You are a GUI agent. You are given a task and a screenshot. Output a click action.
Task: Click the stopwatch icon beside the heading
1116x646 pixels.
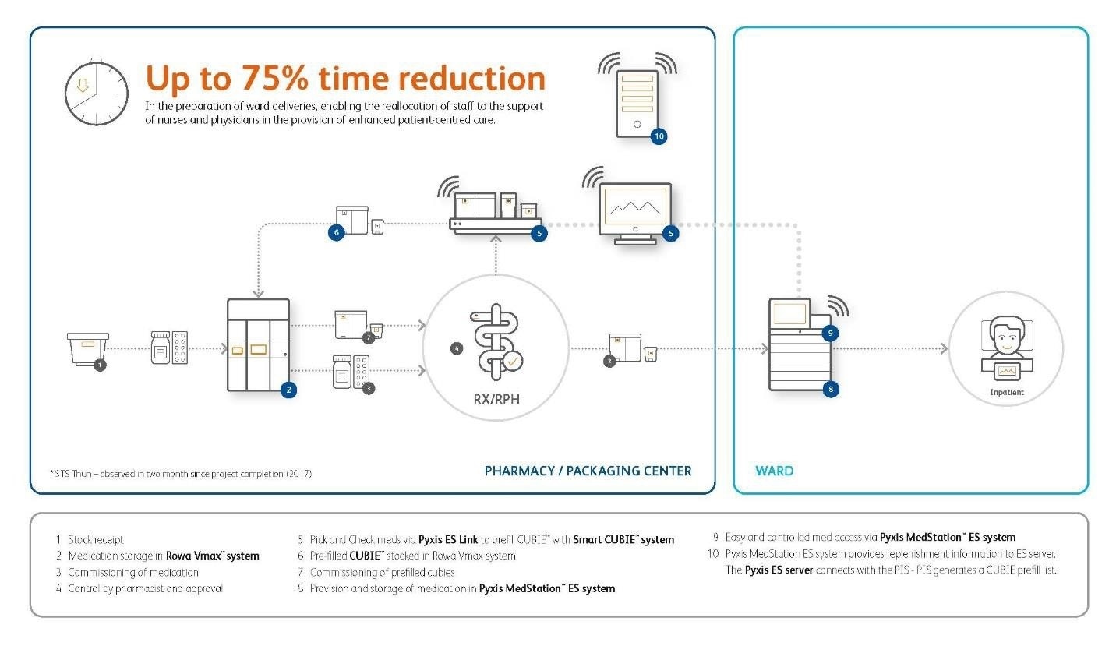96,92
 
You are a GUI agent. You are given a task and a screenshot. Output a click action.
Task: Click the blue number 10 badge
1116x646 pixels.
659,136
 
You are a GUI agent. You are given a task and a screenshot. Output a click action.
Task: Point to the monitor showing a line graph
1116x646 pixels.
635,211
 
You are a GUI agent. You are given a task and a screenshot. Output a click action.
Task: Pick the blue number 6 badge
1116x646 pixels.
336,232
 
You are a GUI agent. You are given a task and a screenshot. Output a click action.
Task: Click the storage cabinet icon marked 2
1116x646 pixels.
258,344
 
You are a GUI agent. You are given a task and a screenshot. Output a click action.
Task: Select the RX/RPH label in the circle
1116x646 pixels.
496,399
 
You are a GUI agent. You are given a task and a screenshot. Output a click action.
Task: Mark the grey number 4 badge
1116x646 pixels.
457,348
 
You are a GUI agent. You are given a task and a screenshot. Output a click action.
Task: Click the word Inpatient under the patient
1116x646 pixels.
1006,392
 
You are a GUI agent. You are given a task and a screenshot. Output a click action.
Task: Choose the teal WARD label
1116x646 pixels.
774,471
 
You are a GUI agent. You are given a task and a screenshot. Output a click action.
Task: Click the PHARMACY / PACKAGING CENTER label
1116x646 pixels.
588,471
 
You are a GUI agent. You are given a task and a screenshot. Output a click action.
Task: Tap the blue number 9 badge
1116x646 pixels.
831,333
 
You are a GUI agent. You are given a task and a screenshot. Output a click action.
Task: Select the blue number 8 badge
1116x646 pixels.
831,388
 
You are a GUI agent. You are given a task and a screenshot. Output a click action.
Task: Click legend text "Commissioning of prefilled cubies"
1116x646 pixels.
382,572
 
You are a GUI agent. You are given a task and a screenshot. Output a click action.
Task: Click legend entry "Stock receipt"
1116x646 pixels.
95,539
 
